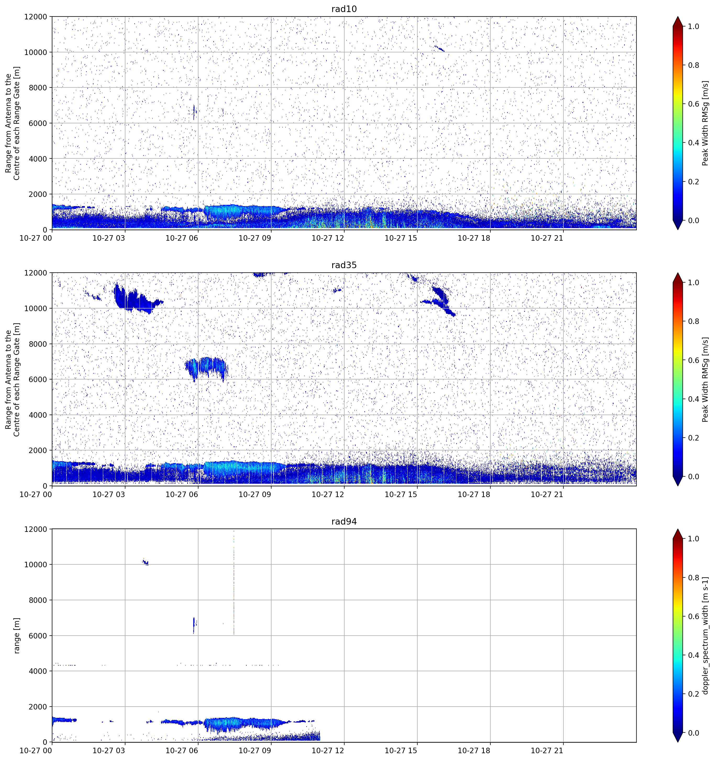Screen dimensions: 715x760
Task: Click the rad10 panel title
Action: pos(344,9)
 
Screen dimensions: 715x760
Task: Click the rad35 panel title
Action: pos(344,265)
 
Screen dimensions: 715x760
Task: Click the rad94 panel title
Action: pos(344,521)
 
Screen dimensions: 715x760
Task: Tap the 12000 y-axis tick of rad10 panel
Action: pos(36,17)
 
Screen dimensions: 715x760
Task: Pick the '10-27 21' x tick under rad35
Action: pos(547,494)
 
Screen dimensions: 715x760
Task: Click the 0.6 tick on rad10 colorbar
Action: pos(694,104)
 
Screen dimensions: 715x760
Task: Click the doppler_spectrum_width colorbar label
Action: pos(706,635)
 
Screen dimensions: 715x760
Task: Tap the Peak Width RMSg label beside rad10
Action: pos(706,123)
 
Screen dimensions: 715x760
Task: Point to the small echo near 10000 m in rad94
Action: pos(145,562)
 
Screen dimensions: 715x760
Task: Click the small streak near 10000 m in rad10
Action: pos(439,48)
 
